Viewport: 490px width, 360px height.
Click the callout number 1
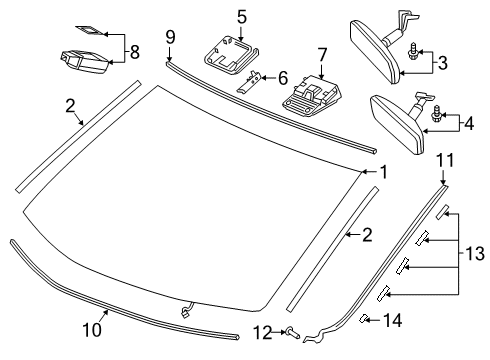coord(382,172)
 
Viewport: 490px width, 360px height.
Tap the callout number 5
coord(241,16)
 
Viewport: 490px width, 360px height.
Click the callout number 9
coord(170,37)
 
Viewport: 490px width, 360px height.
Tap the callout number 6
coord(283,76)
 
